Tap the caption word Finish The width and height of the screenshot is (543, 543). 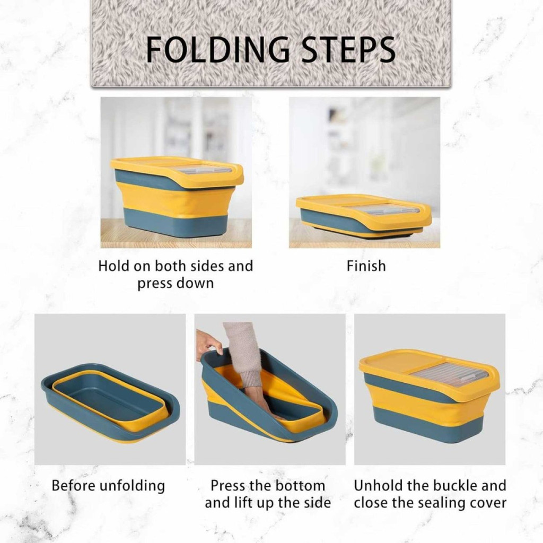(366, 266)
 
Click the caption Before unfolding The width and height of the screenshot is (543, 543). (108, 486)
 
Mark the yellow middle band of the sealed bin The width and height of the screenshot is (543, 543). (426, 404)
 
